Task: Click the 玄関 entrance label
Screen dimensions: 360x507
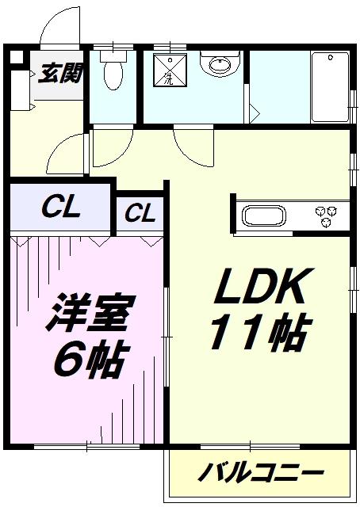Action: [59, 74]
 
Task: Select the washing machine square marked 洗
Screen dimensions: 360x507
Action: [170, 71]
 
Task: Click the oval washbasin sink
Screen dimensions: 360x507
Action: [220, 65]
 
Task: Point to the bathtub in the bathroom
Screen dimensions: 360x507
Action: [330, 86]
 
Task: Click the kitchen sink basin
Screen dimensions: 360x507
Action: [264, 215]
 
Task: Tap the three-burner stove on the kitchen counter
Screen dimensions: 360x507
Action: [327, 216]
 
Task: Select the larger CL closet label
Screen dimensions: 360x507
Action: [61, 208]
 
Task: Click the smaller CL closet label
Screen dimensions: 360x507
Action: [140, 212]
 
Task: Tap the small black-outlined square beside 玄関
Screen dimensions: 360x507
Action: [16, 57]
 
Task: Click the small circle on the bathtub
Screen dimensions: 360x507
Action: [330, 58]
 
